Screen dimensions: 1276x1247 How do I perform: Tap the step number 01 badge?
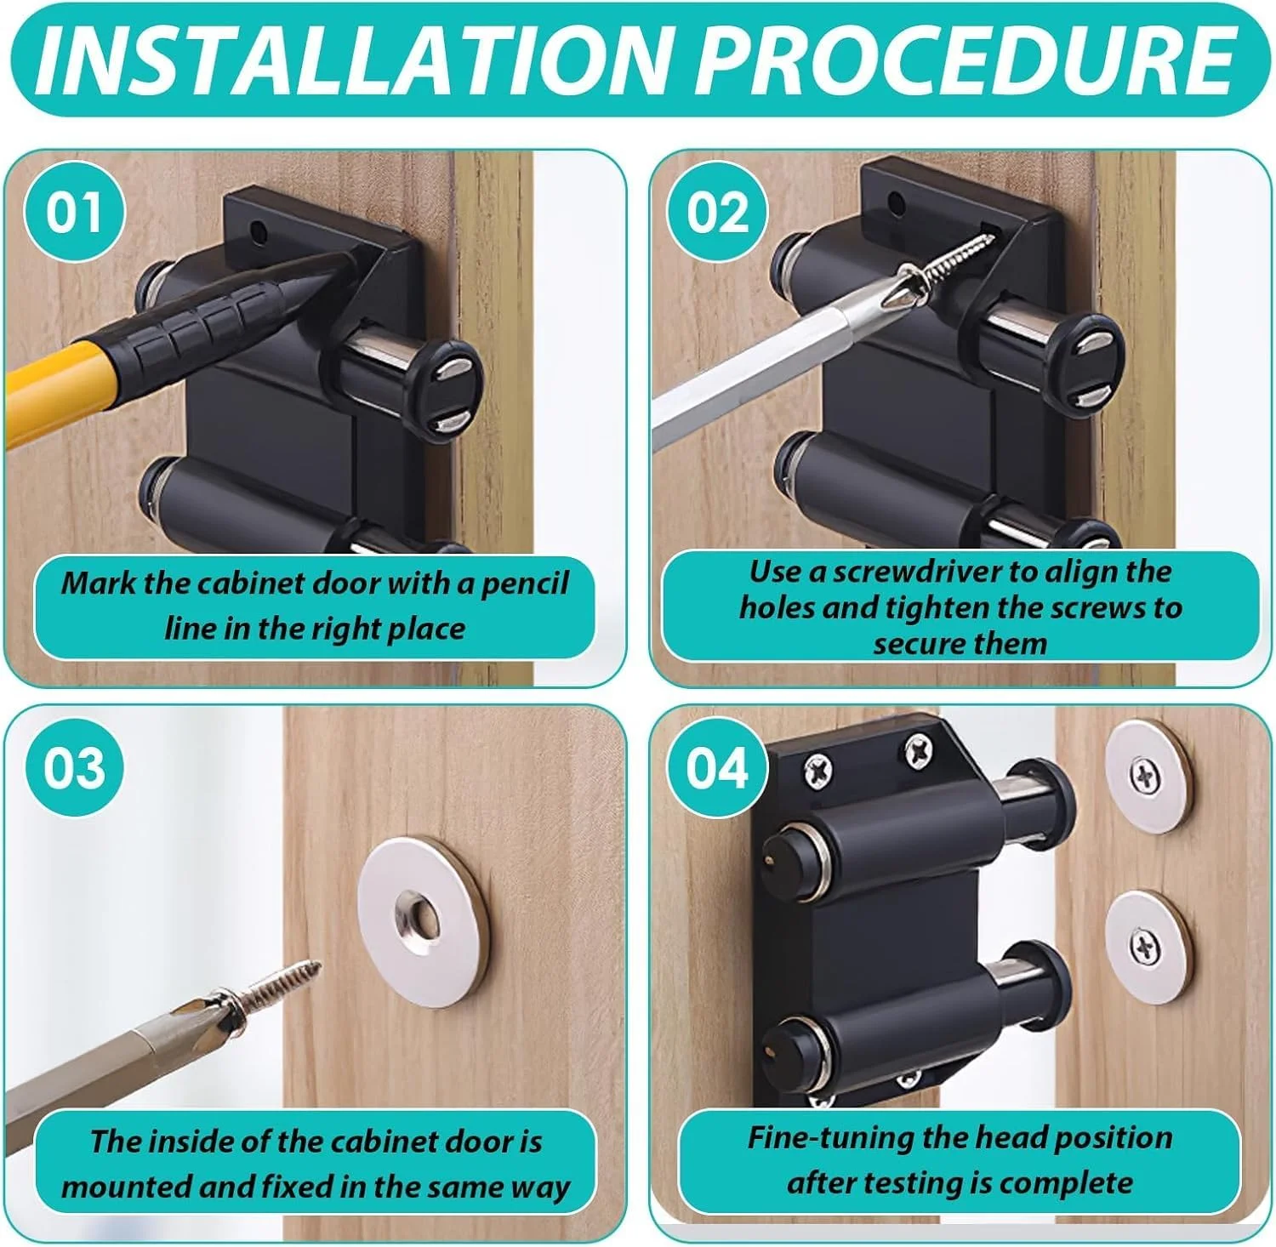click(75, 212)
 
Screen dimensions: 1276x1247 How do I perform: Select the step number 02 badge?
click(717, 212)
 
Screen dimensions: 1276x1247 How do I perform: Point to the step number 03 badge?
click(75, 767)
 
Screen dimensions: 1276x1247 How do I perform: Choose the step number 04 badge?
click(717, 767)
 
